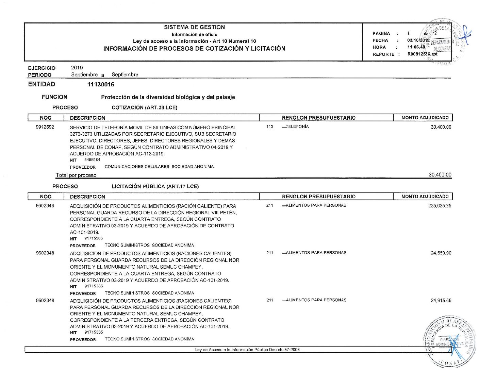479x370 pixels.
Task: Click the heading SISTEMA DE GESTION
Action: (x=194, y=27)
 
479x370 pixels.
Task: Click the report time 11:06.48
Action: (x=416, y=47)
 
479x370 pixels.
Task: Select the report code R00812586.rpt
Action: (x=422, y=54)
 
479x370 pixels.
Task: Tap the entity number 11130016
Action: (x=101, y=84)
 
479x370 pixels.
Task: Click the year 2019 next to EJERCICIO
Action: (x=77, y=68)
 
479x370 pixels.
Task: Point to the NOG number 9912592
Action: (x=45, y=127)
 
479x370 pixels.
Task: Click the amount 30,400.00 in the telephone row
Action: (x=441, y=127)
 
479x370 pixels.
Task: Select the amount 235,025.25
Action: (x=440, y=206)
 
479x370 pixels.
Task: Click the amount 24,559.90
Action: (x=441, y=253)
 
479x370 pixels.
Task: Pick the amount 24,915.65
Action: (x=441, y=300)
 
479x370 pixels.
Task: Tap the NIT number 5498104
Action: (x=93, y=160)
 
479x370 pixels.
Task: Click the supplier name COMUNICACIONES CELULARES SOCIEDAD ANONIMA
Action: (x=159, y=167)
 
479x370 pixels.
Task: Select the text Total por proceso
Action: (x=76, y=175)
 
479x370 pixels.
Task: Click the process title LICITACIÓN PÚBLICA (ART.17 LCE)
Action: (x=155, y=186)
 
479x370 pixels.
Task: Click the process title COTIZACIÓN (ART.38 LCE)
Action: (x=145, y=107)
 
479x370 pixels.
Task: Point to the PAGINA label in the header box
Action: (x=381, y=34)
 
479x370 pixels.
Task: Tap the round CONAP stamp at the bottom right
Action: (x=449, y=342)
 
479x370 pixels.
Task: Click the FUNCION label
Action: (x=54, y=97)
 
